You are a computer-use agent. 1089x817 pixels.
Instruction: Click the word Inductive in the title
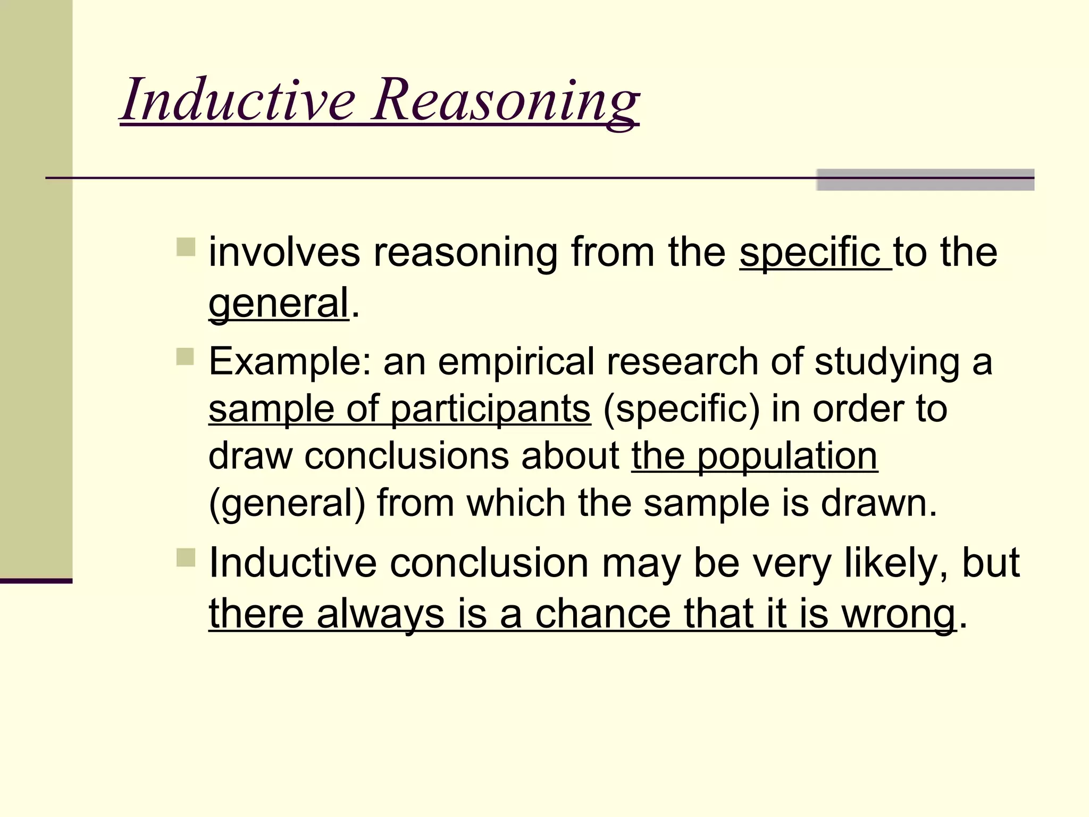[x=238, y=99]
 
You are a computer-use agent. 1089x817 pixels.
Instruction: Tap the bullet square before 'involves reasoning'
[x=186, y=247]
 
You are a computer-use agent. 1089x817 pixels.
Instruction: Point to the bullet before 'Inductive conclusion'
[x=186, y=557]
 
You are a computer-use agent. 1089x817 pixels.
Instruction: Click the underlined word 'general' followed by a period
[x=279, y=303]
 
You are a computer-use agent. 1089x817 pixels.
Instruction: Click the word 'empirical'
[x=515, y=362]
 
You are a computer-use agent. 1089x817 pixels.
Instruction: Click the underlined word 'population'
[x=787, y=456]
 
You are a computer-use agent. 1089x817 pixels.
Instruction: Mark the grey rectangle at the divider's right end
[x=925, y=180]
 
